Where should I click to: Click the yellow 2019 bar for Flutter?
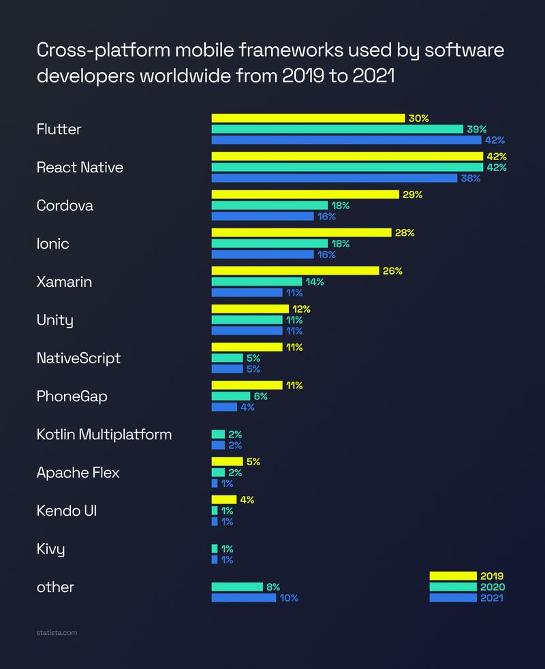308,118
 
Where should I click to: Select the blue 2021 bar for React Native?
334,178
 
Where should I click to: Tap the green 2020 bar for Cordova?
269,205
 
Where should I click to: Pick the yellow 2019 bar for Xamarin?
295,270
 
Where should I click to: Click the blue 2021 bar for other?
243,597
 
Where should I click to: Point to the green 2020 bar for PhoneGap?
230,396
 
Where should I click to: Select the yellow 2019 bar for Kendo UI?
223,499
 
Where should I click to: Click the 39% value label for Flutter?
477,129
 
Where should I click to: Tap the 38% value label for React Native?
471,178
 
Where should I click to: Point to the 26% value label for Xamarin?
392,271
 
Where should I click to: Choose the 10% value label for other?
289,598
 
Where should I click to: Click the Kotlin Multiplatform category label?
104,434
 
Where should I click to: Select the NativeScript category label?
78,358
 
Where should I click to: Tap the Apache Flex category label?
78,472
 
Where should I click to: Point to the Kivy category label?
51,548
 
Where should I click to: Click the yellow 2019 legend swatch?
452,576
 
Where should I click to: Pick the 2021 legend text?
491,598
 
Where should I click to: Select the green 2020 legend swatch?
452,587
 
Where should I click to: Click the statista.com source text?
57,633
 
